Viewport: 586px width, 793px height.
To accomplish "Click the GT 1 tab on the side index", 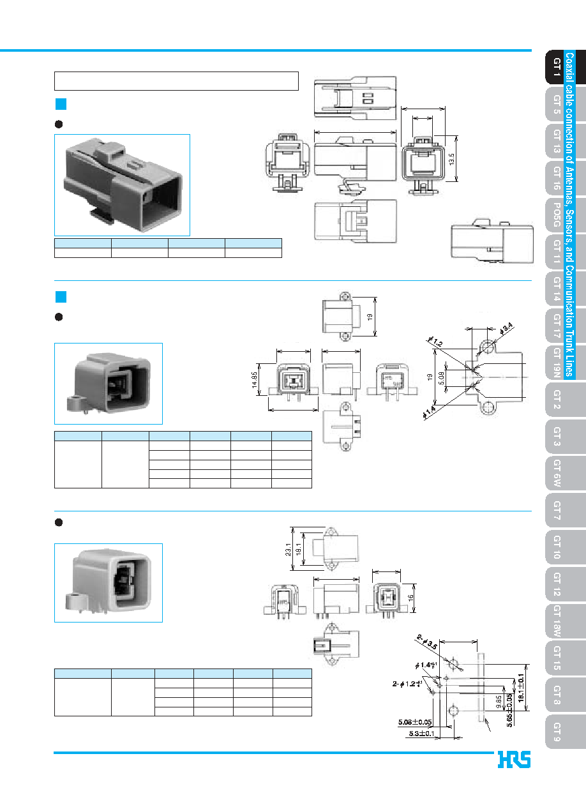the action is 557,67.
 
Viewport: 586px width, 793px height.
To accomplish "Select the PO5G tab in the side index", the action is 557,215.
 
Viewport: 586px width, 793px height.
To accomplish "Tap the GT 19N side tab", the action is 557,363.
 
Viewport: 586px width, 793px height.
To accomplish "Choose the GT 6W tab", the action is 557,473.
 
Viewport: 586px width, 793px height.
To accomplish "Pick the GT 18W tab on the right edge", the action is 557,621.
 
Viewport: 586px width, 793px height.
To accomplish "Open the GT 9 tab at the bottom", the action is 557,732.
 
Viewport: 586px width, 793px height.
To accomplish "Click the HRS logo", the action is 514,759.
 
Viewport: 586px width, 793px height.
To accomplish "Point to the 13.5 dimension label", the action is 451,159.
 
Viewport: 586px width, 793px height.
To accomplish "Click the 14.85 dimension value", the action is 254,380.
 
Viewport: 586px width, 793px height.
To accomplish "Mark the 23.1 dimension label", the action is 288,550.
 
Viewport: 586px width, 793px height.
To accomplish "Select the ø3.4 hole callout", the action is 506,329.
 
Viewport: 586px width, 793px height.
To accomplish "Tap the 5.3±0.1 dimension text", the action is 422,734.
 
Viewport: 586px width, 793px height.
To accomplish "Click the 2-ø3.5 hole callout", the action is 427,642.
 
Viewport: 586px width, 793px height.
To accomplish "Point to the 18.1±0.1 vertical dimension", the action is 521,688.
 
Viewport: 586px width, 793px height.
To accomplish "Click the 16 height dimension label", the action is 410,598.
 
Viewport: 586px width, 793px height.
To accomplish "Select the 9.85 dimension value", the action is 499,702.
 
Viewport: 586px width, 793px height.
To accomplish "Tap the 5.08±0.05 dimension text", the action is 415,722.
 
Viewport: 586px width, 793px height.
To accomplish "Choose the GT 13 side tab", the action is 557,141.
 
